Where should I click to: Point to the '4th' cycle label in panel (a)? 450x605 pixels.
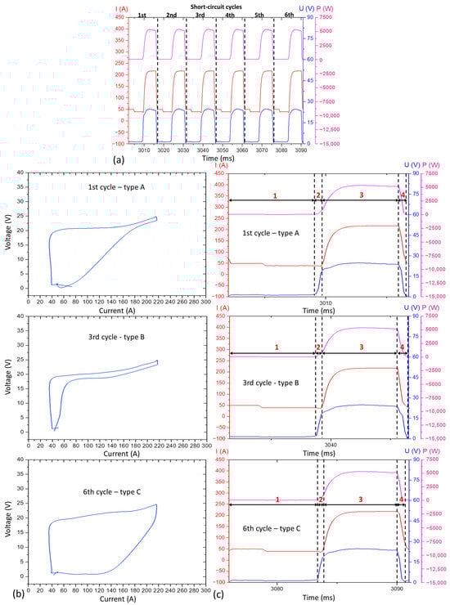coord(230,15)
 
